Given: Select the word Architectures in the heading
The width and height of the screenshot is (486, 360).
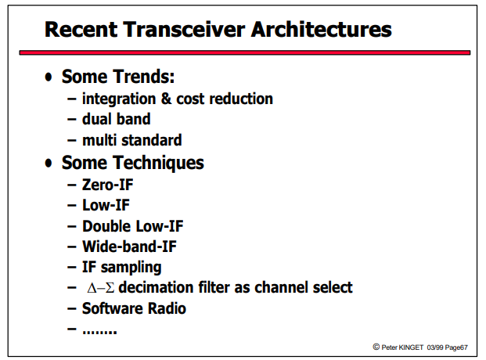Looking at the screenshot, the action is pyautogui.click(x=322, y=30).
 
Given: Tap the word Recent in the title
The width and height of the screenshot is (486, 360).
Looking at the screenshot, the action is pyautogui.click(x=81, y=30).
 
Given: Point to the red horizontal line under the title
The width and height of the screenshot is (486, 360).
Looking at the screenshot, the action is pyautogui.click(x=245, y=52).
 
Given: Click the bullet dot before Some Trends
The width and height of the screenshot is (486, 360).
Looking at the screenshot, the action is pyautogui.click(x=49, y=77).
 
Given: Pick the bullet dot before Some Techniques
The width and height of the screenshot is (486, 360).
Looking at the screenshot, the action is pyautogui.click(x=49, y=163).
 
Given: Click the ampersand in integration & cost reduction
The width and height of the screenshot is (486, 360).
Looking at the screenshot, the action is pyautogui.click(x=166, y=99).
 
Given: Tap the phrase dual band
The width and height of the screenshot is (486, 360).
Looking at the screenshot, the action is pyautogui.click(x=117, y=119).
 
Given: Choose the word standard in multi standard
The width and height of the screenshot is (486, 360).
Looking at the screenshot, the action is pyautogui.click(x=152, y=140).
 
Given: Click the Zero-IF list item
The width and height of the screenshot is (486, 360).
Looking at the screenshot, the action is pyautogui.click(x=107, y=185).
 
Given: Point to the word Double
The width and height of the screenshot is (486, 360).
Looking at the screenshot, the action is pyautogui.click(x=106, y=226).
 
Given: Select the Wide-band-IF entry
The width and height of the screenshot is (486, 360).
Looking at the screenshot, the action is pyautogui.click(x=129, y=247).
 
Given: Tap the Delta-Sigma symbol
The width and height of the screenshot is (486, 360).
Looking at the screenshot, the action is pyautogui.click(x=101, y=288).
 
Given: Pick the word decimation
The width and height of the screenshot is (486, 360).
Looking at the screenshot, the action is pyautogui.click(x=157, y=287).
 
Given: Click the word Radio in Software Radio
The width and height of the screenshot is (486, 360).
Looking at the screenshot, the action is pyautogui.click(x=167, y=308).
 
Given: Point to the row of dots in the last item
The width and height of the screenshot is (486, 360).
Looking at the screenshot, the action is pyautogui.click(x=99, y=332).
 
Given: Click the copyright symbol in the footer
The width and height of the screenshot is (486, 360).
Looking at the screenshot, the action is pyautogui.click(x=376, y=347).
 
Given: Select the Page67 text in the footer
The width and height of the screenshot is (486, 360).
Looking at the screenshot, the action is pyautogui.click(x=456, y=347).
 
